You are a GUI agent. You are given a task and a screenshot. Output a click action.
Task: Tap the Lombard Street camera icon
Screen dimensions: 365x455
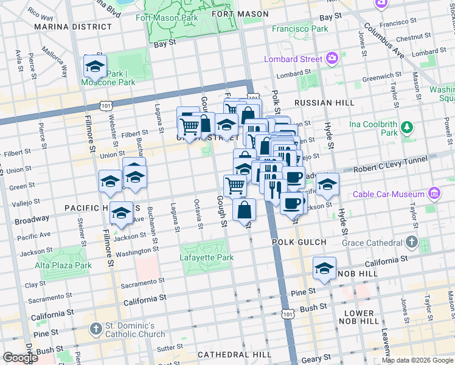[332, 59]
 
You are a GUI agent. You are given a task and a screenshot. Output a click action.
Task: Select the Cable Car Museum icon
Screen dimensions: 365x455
[433, 195]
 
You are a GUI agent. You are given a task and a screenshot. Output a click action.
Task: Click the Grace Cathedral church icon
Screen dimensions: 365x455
[412, 243]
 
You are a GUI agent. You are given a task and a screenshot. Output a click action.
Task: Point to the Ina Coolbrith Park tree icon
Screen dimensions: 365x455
[408, 128]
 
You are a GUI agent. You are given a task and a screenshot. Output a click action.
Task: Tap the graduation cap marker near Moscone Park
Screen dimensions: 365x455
[95, 66]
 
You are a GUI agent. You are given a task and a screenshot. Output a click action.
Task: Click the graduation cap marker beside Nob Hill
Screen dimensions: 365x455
[325, 268]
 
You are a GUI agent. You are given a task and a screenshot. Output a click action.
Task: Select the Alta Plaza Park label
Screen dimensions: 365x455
[63, 265]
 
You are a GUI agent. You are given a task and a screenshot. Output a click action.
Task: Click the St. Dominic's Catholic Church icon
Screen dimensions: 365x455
[95, 329]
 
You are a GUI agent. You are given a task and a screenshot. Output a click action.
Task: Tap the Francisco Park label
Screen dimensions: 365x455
[300, 29]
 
